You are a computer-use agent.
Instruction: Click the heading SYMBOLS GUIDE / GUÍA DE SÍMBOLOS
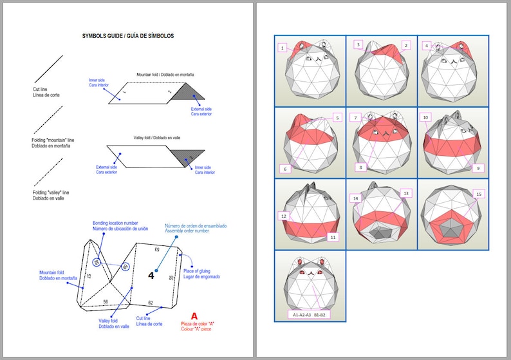[x=127, y=36]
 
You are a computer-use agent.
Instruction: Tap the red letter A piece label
[x=194, y=316]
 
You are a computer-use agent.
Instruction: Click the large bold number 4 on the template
[x=151, y=275]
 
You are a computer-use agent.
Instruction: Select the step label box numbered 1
[x=282, y=48]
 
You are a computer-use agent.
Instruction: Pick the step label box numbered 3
[x=358, y=44]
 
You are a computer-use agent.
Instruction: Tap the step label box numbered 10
[x=425, y=118]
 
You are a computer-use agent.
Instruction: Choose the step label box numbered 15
[x=478, y=194]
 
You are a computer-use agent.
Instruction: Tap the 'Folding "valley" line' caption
[x=51, y=195]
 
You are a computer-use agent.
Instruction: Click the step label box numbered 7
[x=355, y=118]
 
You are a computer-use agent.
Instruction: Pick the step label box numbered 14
[x=355, y=198]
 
